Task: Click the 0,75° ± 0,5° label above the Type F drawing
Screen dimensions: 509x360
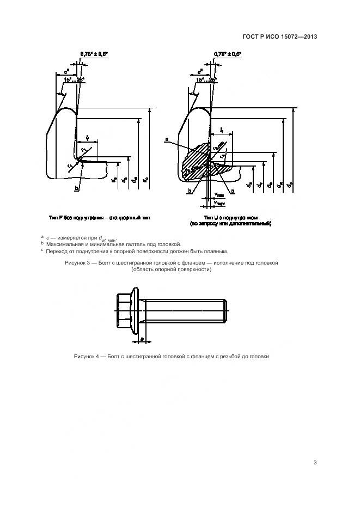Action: tap(94, 53)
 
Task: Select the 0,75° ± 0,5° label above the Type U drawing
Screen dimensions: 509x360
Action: tap(228, 53)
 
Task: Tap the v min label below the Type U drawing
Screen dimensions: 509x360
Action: tap(219, 195)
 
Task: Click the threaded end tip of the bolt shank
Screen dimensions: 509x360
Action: tap(225, 311)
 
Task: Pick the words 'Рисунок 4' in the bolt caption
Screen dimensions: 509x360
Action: tap(87, 357)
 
